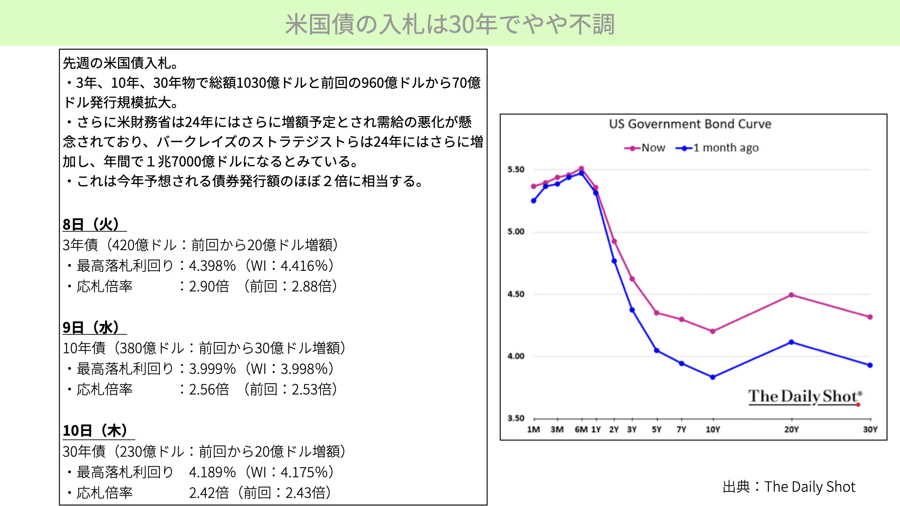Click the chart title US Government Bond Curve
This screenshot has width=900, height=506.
point(690,124)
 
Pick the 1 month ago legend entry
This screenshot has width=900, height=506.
point(717,148)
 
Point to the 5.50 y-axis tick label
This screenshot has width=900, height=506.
point(516,170)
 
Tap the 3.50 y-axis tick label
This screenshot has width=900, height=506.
point(516,418)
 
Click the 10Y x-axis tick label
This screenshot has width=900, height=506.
point(713,430)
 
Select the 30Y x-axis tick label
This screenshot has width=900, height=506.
point(870,430)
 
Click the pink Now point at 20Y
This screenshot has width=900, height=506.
point(791,295)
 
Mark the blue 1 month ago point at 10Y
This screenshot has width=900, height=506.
point(712,377)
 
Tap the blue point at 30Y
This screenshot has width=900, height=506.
point(870,365)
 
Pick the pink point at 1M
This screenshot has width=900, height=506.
point(533,186)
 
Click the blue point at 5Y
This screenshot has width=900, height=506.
point(657,350)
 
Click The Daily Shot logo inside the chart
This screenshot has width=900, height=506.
point(805,397)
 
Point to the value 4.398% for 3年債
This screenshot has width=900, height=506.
point(212,266)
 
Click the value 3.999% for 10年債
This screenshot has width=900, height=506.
point(212,369)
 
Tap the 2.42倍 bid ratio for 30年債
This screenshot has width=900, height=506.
point(209,493)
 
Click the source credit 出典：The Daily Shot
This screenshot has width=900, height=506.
point(789,487)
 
